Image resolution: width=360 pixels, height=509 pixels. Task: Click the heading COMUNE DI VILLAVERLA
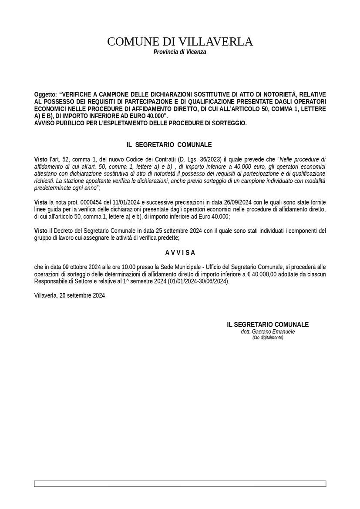180,42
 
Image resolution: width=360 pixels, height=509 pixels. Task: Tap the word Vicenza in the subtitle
196,52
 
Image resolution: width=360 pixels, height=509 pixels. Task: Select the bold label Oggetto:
46,94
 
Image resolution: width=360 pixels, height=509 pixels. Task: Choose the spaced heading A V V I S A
180,253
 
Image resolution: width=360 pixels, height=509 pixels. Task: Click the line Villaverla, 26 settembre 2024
70,295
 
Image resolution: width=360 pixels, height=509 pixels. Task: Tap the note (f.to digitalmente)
268,338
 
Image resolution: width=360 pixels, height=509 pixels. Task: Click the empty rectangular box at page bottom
180,483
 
